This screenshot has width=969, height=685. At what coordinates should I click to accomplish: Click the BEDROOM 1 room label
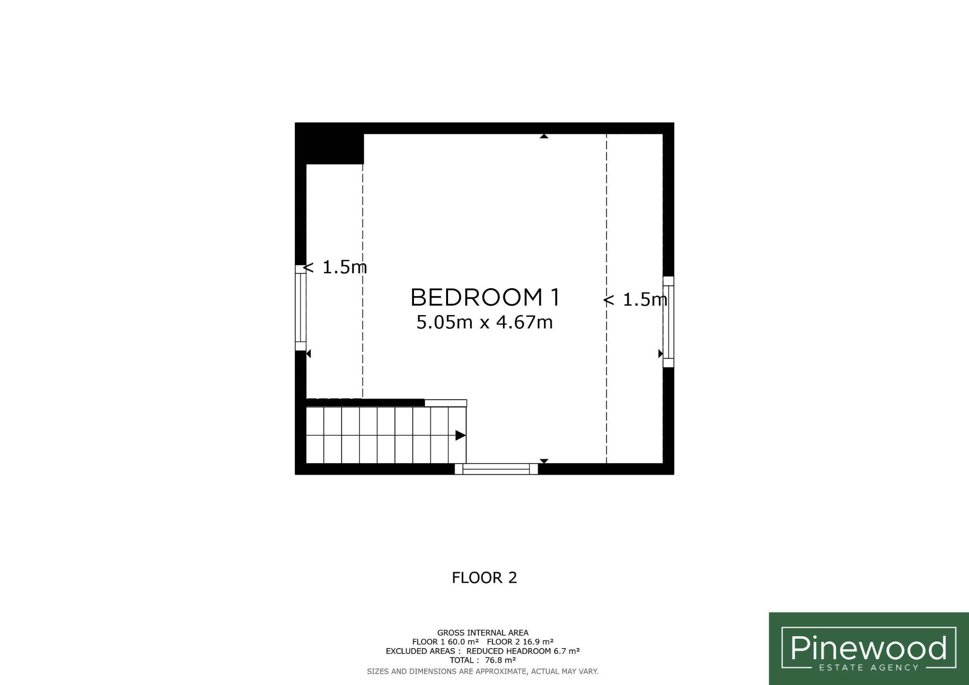485,298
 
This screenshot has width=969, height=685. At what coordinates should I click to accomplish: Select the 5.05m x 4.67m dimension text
484,322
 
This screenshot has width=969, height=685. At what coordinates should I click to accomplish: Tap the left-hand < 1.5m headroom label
335,267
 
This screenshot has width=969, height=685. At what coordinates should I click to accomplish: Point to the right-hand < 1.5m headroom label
635,299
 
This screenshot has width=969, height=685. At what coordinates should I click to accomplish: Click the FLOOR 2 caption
484,578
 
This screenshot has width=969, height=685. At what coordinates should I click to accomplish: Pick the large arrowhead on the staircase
460,435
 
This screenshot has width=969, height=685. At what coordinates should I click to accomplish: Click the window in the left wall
300,307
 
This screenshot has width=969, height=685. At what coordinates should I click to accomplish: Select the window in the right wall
668,322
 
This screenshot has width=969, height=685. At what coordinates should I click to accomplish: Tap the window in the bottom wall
496,469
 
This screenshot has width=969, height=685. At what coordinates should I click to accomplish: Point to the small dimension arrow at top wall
544,136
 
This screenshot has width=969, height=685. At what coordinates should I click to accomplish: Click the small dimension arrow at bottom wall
544,461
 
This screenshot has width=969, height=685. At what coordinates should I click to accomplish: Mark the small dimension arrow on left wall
308,353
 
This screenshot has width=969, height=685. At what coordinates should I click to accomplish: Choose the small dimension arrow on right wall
661,353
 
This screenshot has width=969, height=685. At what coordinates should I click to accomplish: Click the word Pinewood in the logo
869,648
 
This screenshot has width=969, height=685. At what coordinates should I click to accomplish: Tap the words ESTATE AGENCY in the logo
869,667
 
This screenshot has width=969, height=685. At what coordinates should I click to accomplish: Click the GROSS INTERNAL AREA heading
483,632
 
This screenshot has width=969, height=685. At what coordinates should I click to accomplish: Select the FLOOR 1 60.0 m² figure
446,642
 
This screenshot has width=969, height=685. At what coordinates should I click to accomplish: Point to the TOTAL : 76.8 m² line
483,660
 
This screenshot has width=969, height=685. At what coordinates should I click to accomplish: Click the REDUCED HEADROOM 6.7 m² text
523,651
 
